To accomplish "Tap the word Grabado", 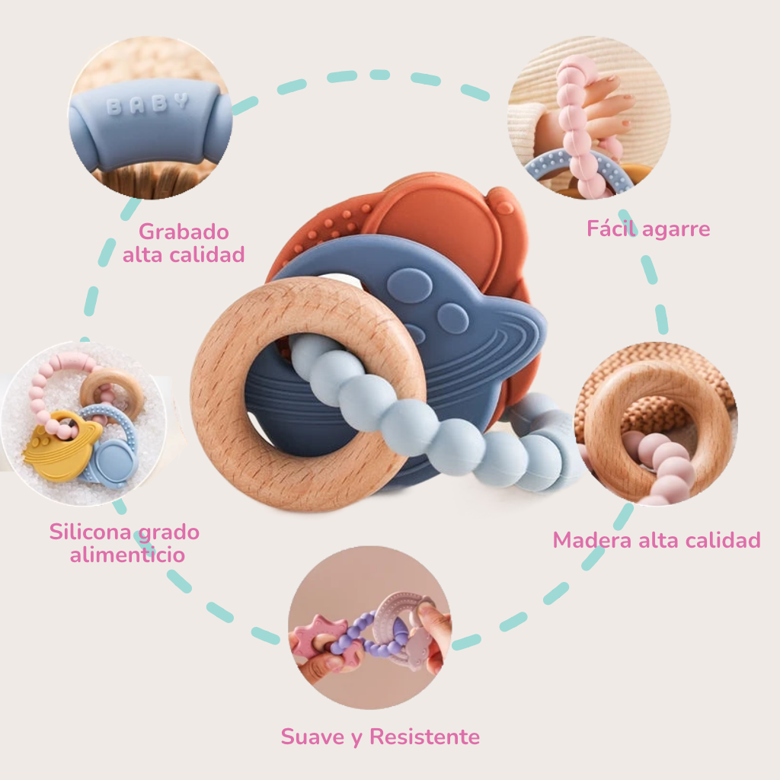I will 184,231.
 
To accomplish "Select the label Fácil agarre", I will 648,228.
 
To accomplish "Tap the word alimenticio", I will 127,555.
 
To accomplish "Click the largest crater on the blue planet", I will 410,285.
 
